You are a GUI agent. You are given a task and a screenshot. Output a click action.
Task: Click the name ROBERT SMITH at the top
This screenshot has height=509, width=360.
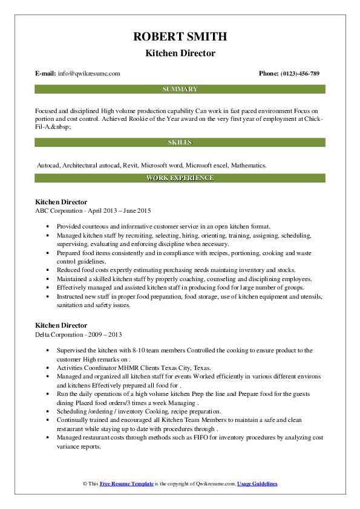click(x=180, y=37)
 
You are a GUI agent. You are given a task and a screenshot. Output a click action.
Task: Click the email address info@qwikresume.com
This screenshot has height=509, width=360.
click(x=89, y=74)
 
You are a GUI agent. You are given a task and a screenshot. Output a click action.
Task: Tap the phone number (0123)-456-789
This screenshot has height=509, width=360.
click(x=298, y=74)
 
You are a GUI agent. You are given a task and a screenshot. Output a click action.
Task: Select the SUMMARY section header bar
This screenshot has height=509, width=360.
click(x=180, y=89)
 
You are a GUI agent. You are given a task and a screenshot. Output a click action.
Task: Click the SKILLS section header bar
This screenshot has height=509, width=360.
click(x=180, y=143)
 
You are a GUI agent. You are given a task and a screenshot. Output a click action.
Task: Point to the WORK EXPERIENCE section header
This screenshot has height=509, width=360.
click(x=180, y=178)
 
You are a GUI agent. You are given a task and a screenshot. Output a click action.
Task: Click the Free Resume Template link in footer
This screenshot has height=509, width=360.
click(x=122, y=484)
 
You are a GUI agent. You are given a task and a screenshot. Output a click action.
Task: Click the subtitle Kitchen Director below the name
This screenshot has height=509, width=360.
click(x=180, y=53)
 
